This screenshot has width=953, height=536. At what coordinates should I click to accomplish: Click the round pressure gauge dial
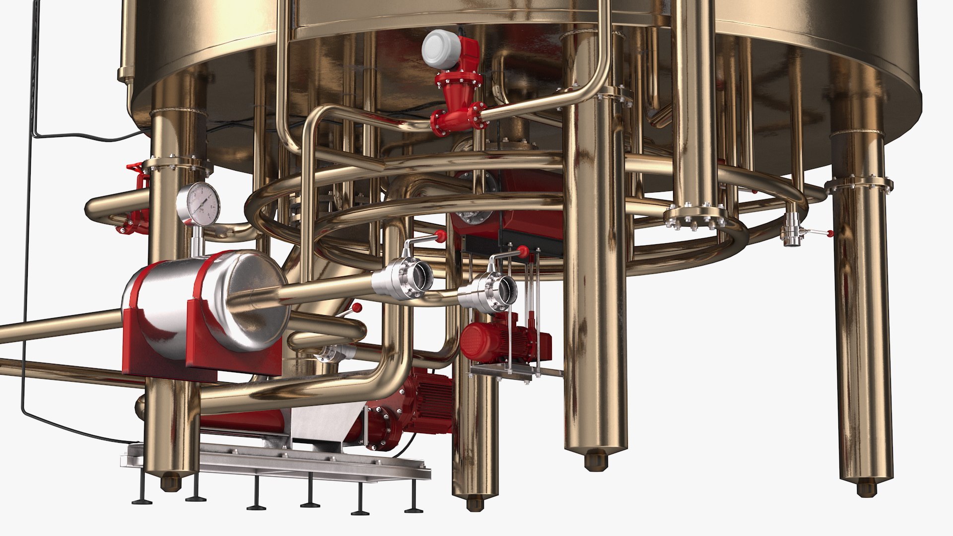[x=198, y=204]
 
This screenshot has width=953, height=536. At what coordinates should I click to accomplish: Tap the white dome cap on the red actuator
[x=441, y=49]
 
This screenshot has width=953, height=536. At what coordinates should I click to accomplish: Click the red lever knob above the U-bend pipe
[x=356, y=309]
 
